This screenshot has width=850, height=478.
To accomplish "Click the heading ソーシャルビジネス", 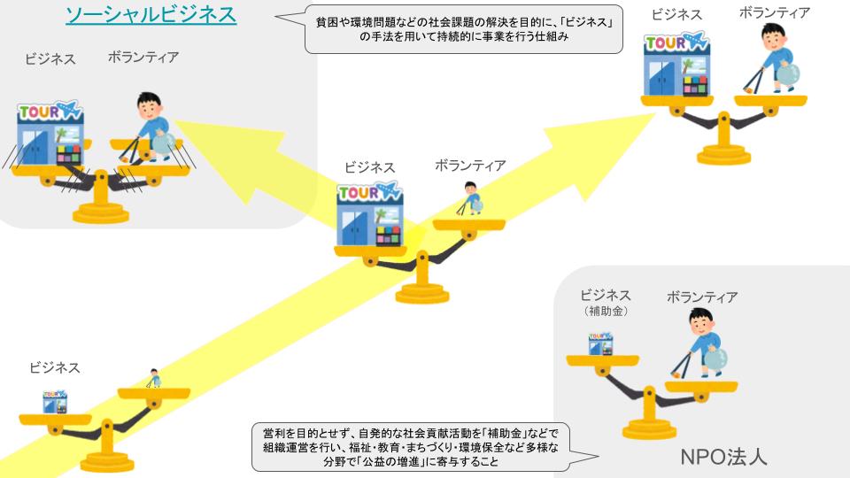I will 151,15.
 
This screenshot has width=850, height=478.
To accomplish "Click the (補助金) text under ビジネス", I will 605,312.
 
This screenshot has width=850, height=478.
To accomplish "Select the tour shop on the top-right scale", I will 676,68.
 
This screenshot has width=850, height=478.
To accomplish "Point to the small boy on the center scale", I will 470,199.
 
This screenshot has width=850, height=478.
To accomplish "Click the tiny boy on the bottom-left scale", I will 154,378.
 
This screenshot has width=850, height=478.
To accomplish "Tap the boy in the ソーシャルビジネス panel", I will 151,127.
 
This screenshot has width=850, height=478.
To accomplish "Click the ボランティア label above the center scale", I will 470,166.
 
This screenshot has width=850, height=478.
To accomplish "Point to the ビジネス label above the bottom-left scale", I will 54,367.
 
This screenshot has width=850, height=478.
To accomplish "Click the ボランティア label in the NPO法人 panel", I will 701,297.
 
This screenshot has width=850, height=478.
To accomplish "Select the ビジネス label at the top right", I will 676,16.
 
